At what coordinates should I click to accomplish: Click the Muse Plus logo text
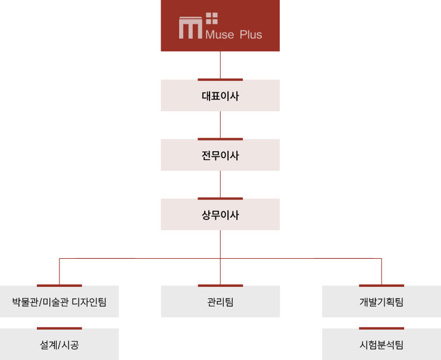tap(234, 35)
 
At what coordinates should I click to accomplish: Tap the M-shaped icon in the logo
tap(190, 27)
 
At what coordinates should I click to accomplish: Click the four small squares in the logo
tap(212, 18)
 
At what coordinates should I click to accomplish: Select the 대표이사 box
tap(220, 96)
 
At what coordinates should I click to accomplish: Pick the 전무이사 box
tap(220, 155)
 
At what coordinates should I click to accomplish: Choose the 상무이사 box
tap(220, 215)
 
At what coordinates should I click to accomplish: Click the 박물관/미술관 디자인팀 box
tap(60, 302)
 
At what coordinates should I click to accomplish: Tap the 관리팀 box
tap(220, 302)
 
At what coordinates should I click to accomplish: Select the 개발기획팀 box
tap(381, 302)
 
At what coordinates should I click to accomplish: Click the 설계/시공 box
tap(60, 345)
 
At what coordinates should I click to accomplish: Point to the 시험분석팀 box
tap(381, 345)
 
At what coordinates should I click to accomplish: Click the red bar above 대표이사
tap(220, 80)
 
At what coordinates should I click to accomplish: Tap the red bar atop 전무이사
tap(220, 139)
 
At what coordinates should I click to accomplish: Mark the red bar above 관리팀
tap(220, 286)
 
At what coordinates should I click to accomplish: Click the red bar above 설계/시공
tap(60, 328)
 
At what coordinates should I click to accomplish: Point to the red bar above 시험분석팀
tap(381, 328)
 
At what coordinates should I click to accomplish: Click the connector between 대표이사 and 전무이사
tap(220, 124)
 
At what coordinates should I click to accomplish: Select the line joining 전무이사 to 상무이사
tap(220, 184)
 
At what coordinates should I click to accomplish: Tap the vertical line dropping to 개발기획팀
tap(381, 271)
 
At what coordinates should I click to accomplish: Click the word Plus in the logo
tap(251, 35)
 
